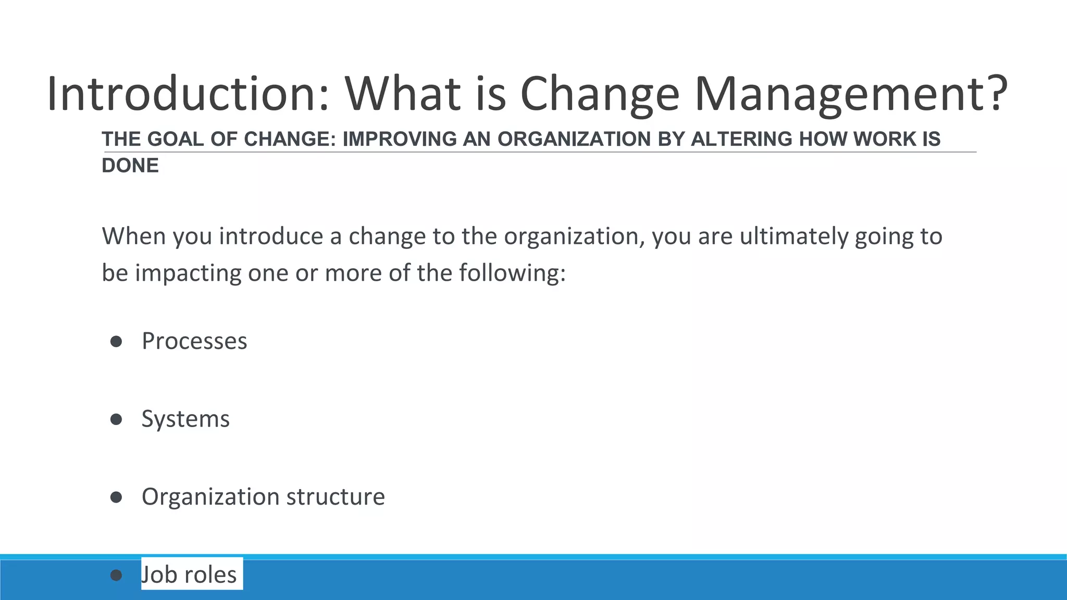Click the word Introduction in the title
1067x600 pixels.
(x=188, y=94)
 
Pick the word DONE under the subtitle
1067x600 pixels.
(x=130, y=166)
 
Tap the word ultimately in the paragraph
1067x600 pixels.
(x=795, y=236)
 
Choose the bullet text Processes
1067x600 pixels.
(x=194, y=342)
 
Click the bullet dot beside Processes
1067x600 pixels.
(x=116, y=342)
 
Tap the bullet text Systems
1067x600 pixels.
(x=185, y=419)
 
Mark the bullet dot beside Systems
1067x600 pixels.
(x=116, y=419)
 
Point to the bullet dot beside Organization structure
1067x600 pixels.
(x=116, y=497)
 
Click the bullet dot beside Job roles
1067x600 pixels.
(x=116, y=575)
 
